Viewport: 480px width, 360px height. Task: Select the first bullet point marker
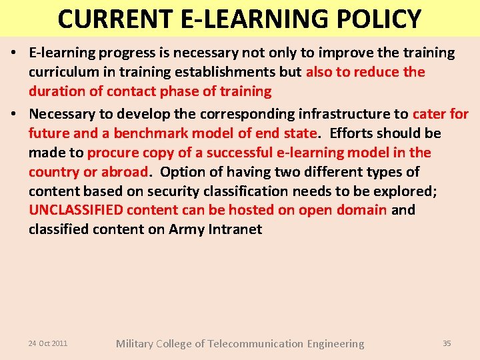click(x=15, y=53)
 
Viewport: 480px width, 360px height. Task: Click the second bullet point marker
click(x=15, y=114)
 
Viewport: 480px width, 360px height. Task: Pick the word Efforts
click(x=355, y=133)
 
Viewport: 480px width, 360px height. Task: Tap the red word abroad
click(x=124, y=172)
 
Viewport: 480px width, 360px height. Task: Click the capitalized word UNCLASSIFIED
click(x=75, y=211)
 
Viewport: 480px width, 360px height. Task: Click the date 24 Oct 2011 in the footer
click(x=48, y=343)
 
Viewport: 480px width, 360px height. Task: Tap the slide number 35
click(x=447, y=343)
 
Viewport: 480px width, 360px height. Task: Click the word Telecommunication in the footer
click(x=255, y=344)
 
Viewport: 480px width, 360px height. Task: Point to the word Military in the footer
click(x=135, y=344)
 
